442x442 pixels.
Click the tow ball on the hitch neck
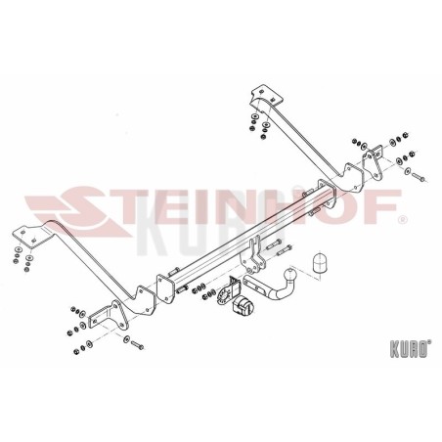coord(289,274)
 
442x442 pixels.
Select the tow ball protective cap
coord(321,262)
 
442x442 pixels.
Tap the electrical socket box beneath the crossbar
coord(243,306)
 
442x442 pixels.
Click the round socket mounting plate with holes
coord(223,295)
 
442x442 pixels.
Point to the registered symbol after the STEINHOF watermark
coord(402,220)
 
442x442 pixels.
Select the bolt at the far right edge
coord(419,177)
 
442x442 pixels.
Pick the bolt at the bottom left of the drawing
coord(137,344)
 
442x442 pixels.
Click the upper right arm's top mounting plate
coord(267,95)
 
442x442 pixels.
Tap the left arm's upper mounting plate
coord(29,236)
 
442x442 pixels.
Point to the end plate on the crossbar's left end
coord(164,289)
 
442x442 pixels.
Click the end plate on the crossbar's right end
coord(327,194)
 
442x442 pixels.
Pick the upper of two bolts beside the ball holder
coord(274,244)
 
